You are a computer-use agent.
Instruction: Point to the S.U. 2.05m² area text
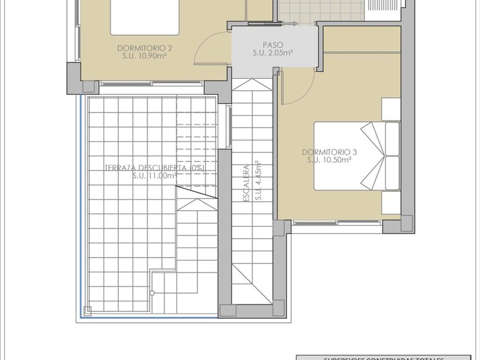(x=272, y=53)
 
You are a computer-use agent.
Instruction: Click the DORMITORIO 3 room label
(x=329, y=152)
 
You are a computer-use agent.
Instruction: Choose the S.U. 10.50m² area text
(x=329, y=160)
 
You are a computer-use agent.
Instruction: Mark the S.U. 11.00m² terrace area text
(x=154, y=176)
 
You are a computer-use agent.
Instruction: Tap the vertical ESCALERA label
(x=247, y=182)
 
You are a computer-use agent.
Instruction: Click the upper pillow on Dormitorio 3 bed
(x=392, y=138)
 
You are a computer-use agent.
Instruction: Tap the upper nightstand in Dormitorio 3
(x=390, y=109)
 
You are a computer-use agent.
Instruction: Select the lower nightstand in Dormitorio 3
(x=390, y=202)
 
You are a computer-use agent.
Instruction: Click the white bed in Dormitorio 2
(x=146, y=17)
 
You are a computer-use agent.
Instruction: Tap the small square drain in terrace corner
(x=87, y=309)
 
